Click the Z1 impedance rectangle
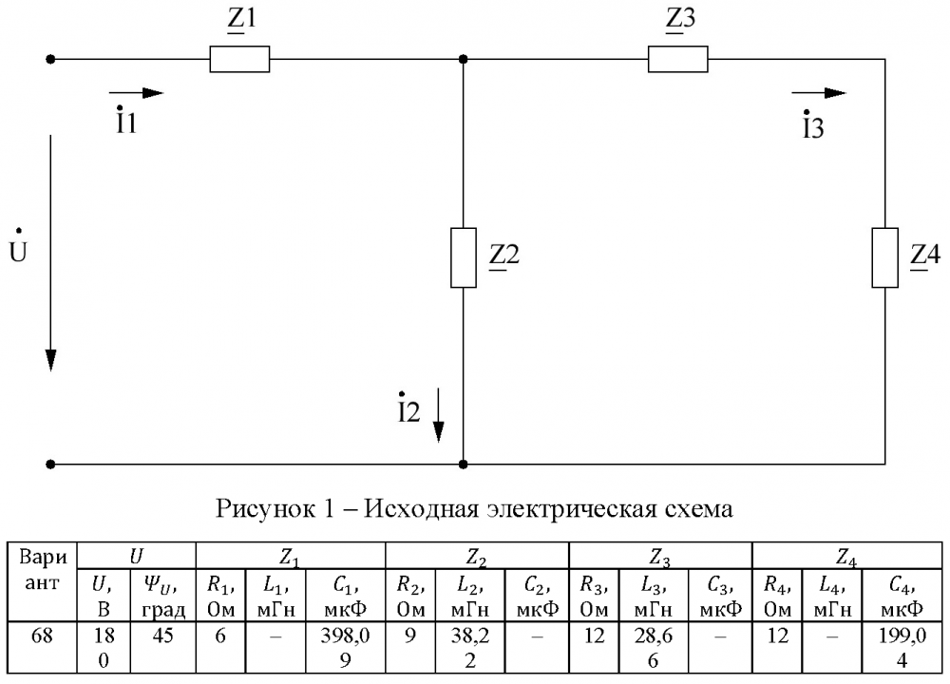[239, 60]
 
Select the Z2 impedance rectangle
[463, 257]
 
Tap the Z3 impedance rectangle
[678, 60]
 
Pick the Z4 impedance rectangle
[884, 257]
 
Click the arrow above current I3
[819, 93]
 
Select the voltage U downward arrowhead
[50, 360]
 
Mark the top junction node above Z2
[463, 60]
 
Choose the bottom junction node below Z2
[463, 465]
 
